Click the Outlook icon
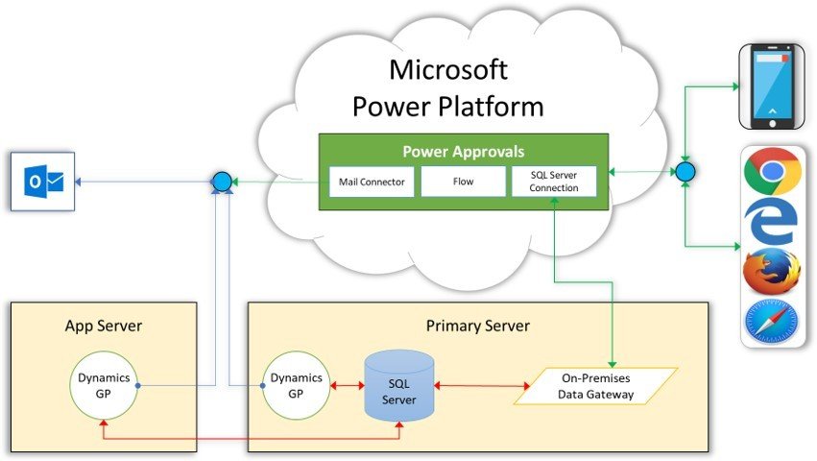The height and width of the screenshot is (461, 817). (x=42, y=181)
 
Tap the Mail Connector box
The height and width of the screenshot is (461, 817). (x=371, y=182)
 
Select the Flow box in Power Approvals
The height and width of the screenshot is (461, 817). (x=463, y=182)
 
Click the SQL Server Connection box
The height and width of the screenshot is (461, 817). (x=553, y=182)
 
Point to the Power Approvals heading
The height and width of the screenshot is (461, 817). (x=463, y=152)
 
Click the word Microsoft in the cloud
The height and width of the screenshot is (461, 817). (x=447, y=70)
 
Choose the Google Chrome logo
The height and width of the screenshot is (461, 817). (x=772, y=173)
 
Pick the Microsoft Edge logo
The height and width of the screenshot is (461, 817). (x=773, y=223)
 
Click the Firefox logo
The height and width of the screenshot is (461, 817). (x=772, y=273)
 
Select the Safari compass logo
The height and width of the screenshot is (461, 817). (x=772, y=322)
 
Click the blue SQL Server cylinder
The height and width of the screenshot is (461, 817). (x=399, y=385)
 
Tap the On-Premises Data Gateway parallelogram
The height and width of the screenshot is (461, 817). (x=595, y=386)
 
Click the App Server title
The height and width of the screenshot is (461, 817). (x=104, y=326)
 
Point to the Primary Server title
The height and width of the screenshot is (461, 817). (x=477, y=326)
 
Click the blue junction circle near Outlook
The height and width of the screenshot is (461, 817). (x=222, y=181)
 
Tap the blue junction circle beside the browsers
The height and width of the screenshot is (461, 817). (x=685, y=172)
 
